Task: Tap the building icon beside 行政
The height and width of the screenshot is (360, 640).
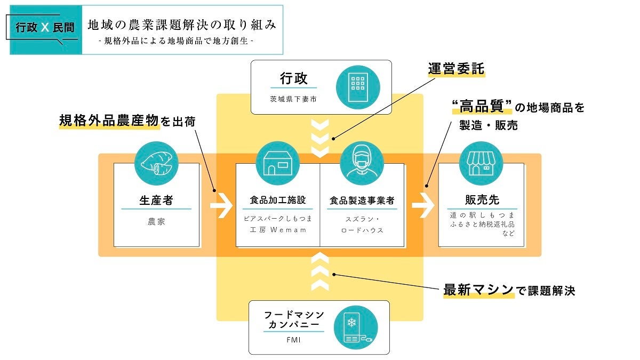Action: click(357, 87)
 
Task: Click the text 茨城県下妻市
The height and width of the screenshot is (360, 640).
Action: click(293, 99)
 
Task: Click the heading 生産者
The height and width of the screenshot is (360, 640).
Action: click(156, 201)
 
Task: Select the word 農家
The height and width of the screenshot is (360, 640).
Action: click(156, 221)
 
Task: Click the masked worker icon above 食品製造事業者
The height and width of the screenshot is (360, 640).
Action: click(362, 163)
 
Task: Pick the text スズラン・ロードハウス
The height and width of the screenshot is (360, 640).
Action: click(362, 225)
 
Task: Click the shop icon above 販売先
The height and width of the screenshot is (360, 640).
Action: click(481, 163)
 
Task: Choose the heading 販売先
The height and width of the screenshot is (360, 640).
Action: click(481, 200)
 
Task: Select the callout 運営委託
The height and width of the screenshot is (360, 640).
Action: click(457, 69)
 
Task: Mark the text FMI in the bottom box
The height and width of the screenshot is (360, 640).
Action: click(293, 339)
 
